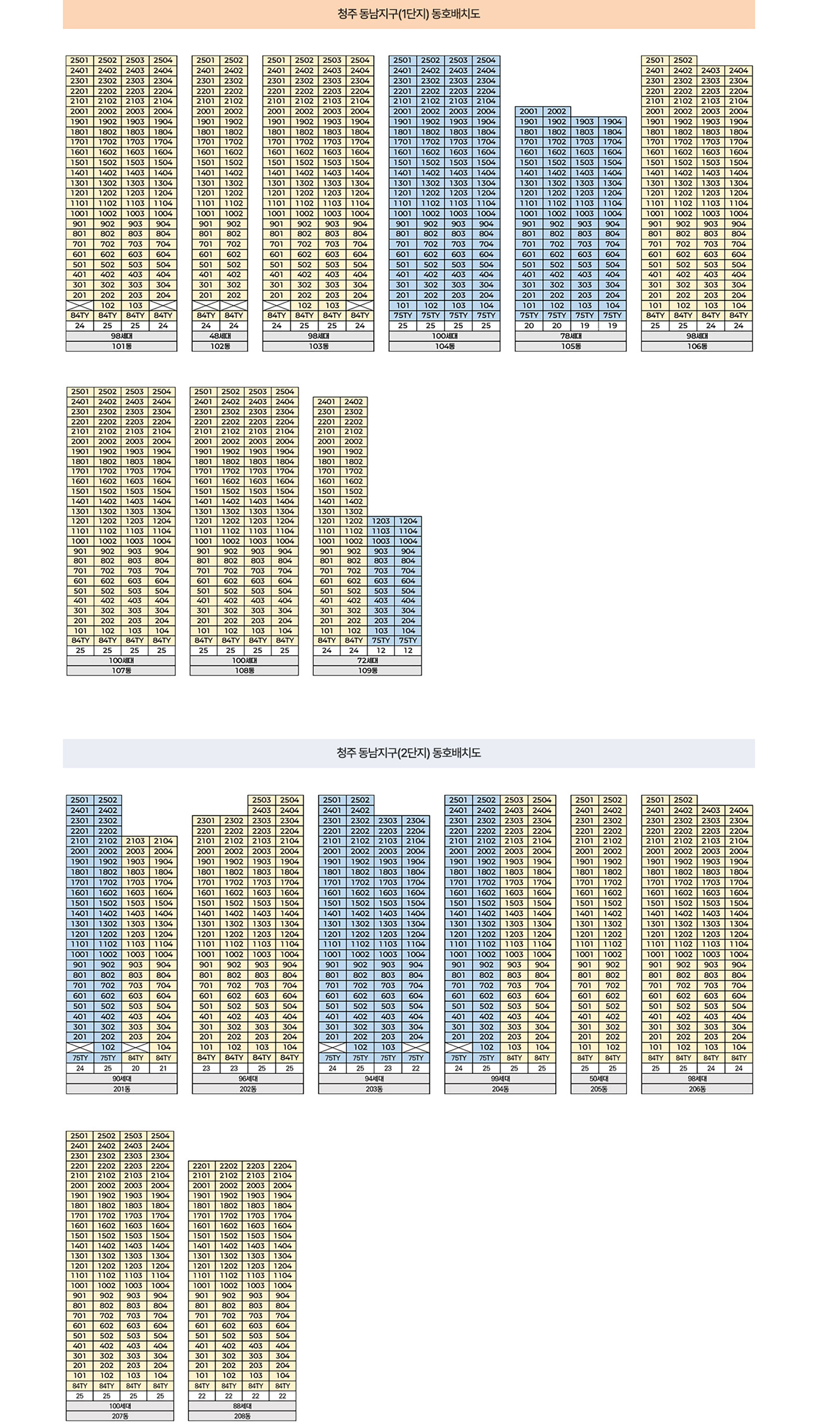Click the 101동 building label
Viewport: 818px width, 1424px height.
[121, 346]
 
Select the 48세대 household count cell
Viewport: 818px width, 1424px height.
[220, 336]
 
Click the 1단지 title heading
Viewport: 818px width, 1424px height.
[409, 14]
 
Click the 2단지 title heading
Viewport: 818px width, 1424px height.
[409, 753]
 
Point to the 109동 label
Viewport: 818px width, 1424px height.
[367, 671]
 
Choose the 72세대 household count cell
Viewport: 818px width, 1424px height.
[367, 660]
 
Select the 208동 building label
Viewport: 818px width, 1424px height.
[242, 1416]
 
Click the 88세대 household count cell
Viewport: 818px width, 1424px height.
[242, 1406]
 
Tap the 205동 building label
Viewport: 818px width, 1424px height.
[598, 1089]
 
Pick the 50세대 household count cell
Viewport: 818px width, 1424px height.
[598, 1079]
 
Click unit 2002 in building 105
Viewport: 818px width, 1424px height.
[557, 111]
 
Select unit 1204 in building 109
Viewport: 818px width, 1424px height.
[408, 521]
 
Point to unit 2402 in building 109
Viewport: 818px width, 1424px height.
[353, 401]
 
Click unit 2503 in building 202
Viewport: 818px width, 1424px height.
[261, 800]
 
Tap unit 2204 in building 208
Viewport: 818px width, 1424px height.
[283, 1166]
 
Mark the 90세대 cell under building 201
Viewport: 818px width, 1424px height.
[121, 1079]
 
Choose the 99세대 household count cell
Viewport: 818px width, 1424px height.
[500, 1079]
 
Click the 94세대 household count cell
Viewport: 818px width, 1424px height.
[374, 1079]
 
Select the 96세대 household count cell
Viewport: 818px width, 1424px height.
[248, 1079]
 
